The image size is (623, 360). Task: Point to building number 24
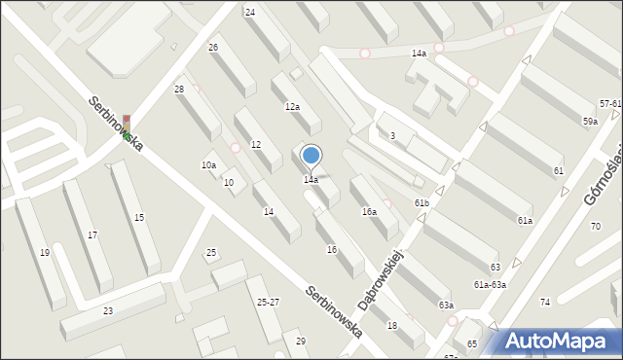click(x=250, y=12)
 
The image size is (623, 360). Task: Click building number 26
click(x=213, y=47)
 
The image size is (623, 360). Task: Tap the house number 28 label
click(x=179, y=90)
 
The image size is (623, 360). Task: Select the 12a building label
click(x=292, y=106)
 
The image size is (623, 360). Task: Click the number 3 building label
click(x=391, y=135)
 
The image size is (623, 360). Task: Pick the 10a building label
click(x=208, y=165)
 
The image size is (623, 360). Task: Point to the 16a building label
click(x=369, y=211)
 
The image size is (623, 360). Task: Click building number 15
click(x=139, y=217)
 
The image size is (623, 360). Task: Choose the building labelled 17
click(x=92, y=234)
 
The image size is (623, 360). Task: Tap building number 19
click(x=45, y=252)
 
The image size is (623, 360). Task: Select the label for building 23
click(x=108, y=310)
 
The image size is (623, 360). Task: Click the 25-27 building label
click(x=268, y=302)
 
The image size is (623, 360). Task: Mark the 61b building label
click(x=421, y=202)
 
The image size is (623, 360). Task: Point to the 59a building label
click(x=590, y=121)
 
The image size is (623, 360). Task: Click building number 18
click(x=391, y=325)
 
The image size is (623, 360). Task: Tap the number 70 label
click(x=596, y=226)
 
